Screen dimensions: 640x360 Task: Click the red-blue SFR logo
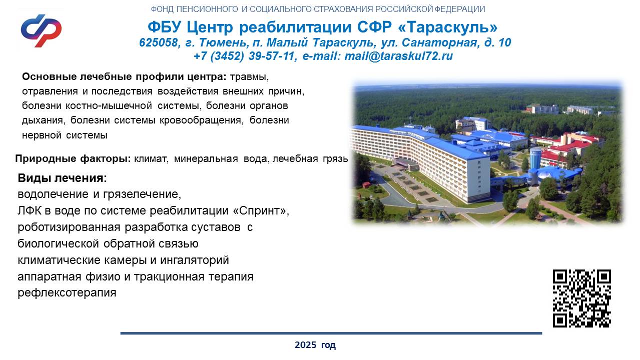pyautogui.click(x=41, y=30)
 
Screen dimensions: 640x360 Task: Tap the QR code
pyautogui.click(x=582, y=298)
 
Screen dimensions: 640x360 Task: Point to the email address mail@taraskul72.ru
pyautogui.click(x=399, y=56)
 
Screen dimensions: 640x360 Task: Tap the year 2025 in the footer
pyautogui.click(x=305, y=345)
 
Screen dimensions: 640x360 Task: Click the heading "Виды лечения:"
pyautogui.click(x=62, y=178)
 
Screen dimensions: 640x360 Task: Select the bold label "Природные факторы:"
pyautogui.click(x=73, y=158)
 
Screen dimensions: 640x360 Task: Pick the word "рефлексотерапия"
pyautogui.click(x=67, y=293)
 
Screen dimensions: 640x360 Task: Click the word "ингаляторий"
pyautogui.click(x=195, y=260)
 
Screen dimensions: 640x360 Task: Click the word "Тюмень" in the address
pyautogui.click(x=223, y=42)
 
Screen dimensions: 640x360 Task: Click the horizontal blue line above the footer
pyautogui.click(x=331, y=333)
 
